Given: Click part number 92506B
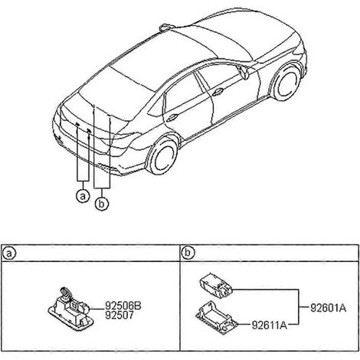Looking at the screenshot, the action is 123,306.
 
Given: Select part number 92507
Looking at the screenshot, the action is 119,316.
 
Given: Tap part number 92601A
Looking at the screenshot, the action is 329,308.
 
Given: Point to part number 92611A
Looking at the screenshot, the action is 270,326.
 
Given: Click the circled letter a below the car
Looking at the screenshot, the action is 83,196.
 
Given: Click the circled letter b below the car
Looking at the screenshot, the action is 102,204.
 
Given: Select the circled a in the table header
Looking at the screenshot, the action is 9,254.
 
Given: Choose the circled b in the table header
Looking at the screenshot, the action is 188,253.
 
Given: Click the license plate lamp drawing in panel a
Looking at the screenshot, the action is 71,310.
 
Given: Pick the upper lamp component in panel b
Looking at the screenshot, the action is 216,286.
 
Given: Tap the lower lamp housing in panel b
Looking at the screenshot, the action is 217,317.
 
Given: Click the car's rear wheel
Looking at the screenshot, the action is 162,156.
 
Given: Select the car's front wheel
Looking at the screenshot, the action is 287,82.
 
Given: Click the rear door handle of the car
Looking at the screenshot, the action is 172,117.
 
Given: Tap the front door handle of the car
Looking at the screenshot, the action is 218,92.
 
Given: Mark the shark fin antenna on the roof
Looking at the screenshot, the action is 167,27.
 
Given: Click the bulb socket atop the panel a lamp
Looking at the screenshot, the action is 65,293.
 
